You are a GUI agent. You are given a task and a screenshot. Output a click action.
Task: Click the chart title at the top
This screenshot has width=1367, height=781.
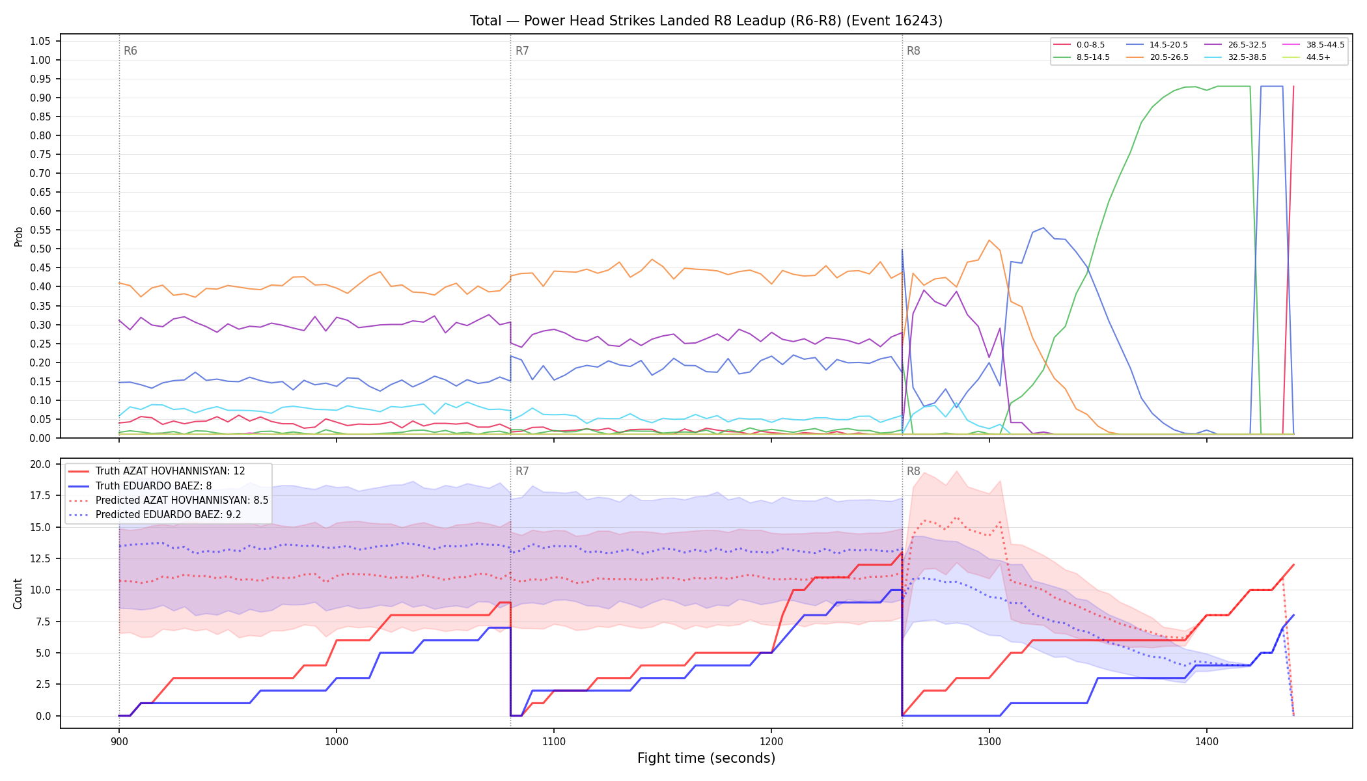click(x=706, y=21)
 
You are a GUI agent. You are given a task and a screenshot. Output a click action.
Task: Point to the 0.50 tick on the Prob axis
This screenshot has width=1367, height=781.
click(x=40, y=249)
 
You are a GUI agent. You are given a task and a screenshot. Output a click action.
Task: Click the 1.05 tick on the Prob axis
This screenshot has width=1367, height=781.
click(x=40, y=42)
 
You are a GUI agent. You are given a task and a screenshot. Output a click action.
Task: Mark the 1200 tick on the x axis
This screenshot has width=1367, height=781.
click(x=771, y=741)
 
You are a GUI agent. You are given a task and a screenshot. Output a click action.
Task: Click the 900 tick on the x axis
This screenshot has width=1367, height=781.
click(x=118, y=741)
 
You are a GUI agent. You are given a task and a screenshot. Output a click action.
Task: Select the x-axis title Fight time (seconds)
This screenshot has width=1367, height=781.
click(x=706, y=759)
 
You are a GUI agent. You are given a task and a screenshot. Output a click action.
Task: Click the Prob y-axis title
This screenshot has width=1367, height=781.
click(x=19, y=236)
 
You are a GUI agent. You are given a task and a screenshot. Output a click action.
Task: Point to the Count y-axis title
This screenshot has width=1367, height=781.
click(x=18, y=594)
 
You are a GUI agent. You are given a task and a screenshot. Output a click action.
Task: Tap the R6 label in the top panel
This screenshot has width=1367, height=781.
click(x=130, y=51)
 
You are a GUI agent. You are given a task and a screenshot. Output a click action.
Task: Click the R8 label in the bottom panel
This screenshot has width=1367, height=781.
click(x=913, y=472)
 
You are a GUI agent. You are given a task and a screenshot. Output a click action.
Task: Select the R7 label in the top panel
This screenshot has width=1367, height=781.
click(x=522, y=51)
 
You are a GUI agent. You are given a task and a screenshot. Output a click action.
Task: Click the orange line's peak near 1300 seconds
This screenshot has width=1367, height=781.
click(x=989, y=240)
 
